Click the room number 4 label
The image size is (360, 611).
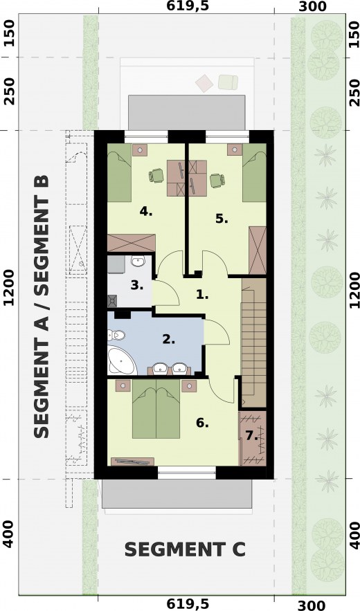[145, 212]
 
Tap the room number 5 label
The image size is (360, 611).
[222, 219]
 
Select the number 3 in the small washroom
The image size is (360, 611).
[137, 286]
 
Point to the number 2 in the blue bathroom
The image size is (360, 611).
[168, 339]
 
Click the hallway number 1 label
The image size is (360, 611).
[202, 295]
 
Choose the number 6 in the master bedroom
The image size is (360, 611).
[202, 423]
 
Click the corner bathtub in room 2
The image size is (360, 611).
[121, 361]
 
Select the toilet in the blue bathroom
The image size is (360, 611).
[116, 335]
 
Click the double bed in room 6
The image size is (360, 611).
[156, 409]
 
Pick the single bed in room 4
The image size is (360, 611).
[119, 172]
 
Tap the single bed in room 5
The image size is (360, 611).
[254, 172]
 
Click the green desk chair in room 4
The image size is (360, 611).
[156, 175]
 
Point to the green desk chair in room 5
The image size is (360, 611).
[217, 181]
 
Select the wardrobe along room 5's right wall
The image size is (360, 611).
[258, 251]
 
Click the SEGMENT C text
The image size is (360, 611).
[185, 550]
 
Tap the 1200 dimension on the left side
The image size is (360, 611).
[9, 288]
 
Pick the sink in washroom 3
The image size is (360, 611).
[138, 261]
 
